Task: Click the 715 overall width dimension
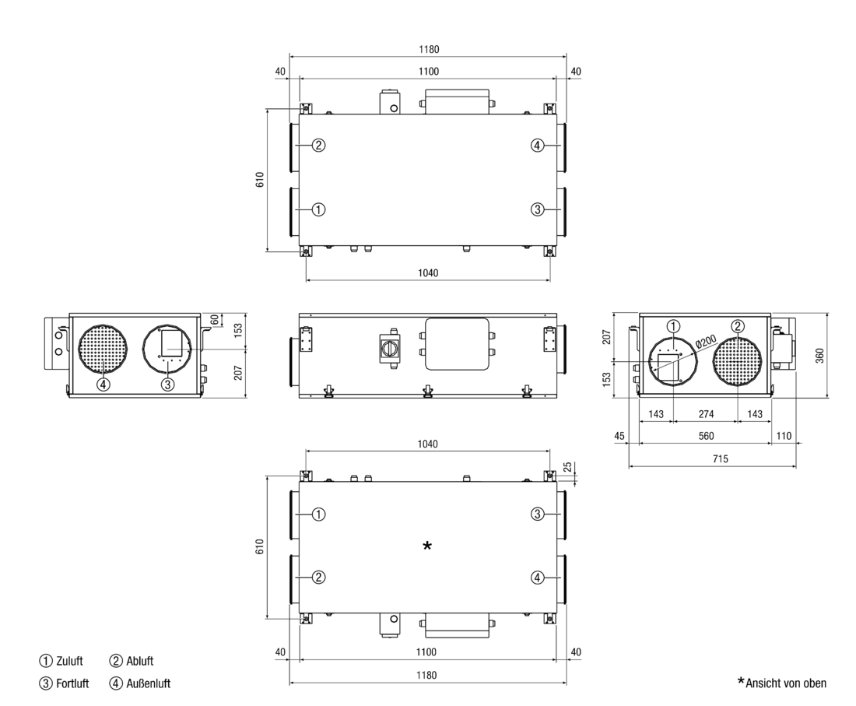720,458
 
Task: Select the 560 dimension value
706,436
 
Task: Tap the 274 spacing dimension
706,414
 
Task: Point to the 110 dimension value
784,436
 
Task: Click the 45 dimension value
619,436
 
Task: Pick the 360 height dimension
819,356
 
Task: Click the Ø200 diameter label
706,342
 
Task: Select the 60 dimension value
215,319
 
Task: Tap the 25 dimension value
568,467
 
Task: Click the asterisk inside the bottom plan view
427,546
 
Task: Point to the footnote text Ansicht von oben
786,683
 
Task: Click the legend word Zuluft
69,661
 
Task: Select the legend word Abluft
140,661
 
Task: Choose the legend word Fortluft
72,683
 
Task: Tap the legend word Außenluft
149,683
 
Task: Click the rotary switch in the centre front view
391,348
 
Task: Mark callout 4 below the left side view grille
103,385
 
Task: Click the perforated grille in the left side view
103,349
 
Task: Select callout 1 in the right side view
674,326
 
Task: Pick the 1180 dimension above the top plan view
429,49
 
